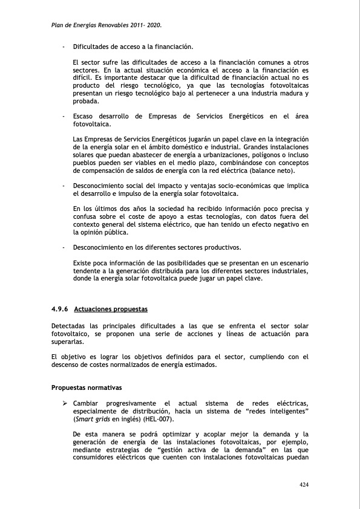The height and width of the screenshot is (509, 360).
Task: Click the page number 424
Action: click(x=304, y=484)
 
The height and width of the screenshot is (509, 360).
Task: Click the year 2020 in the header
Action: click(x=154, y=26)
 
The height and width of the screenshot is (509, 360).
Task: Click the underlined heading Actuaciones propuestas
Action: click(x=111, y=309)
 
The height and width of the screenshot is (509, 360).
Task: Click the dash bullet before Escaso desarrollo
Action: click(x=64, y=117)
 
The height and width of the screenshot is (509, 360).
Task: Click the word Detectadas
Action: click(x=70, y=326)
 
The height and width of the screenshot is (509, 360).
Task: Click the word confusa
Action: click(x=85, y=217)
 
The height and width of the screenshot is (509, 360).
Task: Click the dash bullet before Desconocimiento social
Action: click(x=64, y=186)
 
